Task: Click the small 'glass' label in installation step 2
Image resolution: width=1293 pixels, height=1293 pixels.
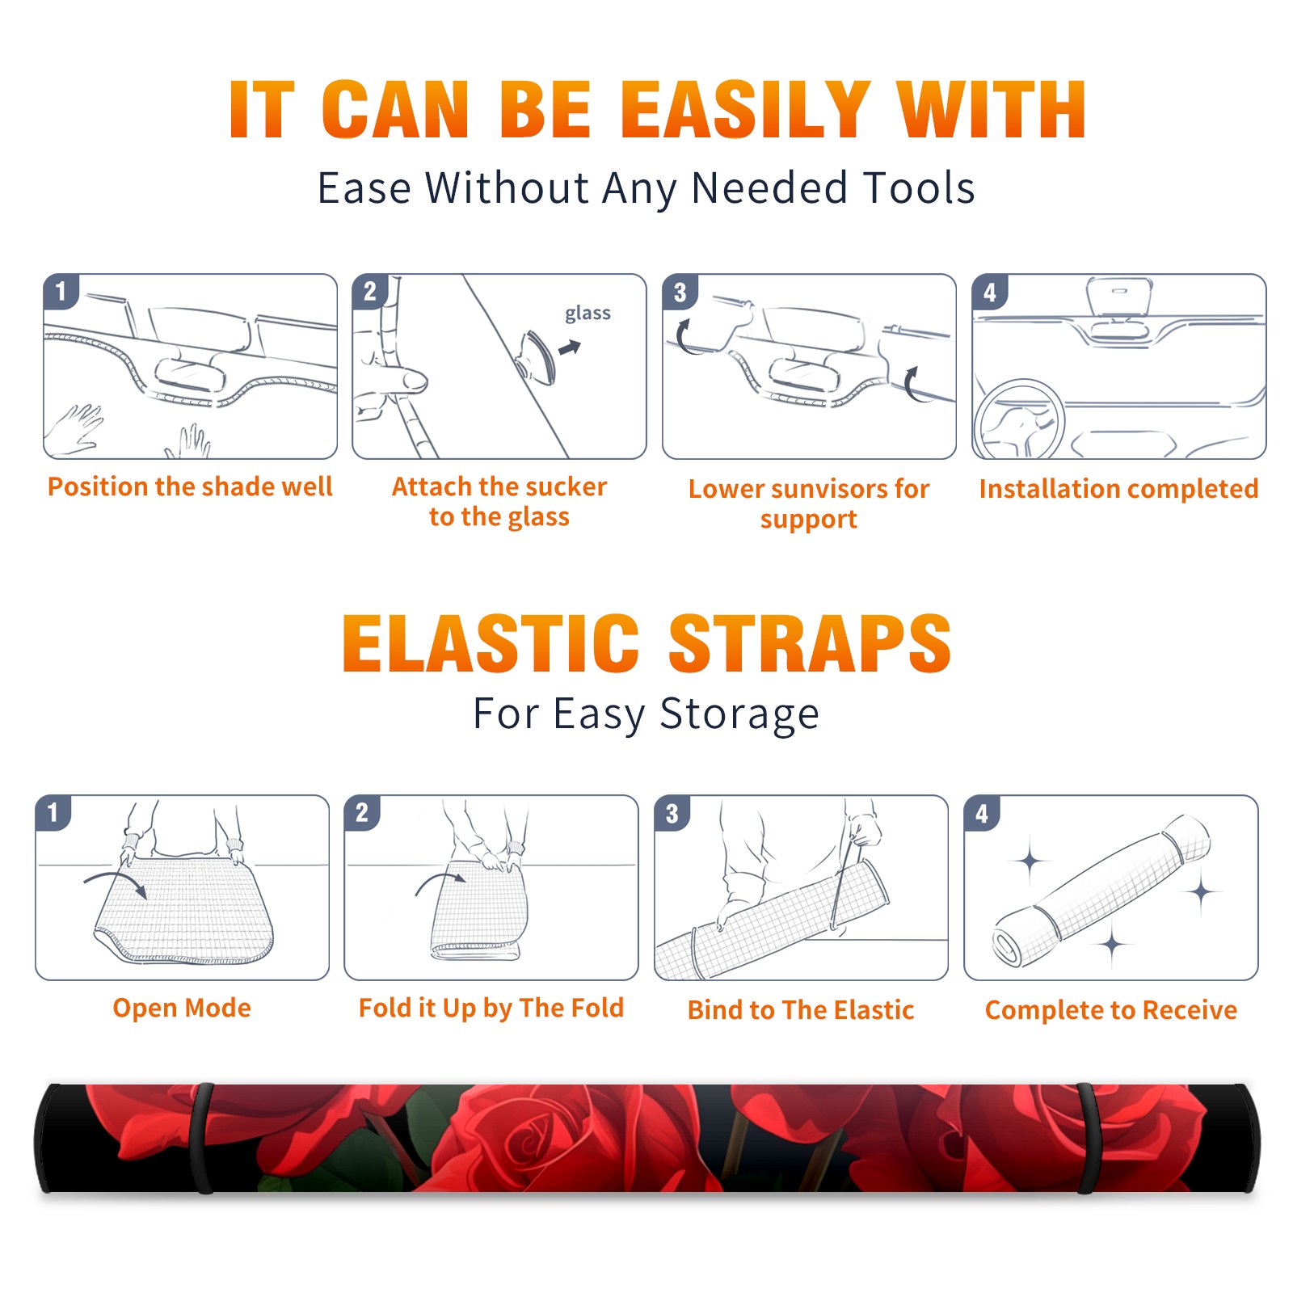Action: (588, 314)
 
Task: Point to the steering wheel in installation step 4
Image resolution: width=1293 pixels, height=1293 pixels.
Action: (1020, 419)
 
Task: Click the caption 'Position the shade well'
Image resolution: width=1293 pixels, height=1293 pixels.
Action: (190, 486)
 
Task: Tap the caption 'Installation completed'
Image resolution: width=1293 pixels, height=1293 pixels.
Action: (1118, 489)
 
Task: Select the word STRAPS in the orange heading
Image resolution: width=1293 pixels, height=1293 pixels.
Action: (810, 643)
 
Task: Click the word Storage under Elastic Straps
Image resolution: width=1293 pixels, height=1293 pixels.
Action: (739, 714)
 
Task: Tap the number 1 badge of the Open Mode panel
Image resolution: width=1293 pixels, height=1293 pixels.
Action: (53, 812)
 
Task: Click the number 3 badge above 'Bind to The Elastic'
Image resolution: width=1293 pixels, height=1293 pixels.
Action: (672, 813)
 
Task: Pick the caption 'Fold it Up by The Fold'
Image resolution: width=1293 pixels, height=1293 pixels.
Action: (491, 1008)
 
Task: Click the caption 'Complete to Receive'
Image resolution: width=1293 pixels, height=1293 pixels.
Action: (1111, 1010)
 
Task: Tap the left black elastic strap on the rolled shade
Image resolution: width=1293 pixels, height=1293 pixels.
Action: (203, 1138)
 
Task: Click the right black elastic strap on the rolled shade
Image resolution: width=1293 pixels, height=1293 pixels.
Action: (1088, 1138)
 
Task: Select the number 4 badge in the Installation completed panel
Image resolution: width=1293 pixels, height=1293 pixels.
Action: (990, 293)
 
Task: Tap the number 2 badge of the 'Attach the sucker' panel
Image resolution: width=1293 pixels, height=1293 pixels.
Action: (370, 292)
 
